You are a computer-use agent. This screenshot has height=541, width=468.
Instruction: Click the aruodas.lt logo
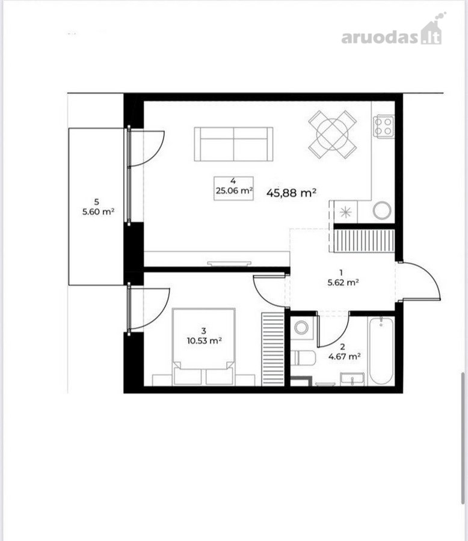coord(393,31)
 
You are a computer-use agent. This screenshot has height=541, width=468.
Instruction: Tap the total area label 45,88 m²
coord(292,192)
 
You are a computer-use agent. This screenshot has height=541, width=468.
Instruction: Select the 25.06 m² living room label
coord(233,190)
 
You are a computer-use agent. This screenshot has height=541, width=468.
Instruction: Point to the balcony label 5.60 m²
coord(99,212)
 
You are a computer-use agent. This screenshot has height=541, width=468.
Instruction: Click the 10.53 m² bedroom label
coord(204,341)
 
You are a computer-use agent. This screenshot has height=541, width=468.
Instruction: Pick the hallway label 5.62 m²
coord(343,283)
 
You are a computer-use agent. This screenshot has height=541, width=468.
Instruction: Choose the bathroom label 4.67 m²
coord(345,356)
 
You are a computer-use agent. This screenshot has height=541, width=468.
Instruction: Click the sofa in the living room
coord(233,144)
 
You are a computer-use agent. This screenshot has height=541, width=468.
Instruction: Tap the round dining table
coord(332,134)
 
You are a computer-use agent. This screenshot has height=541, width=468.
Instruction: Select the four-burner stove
coord(383,126)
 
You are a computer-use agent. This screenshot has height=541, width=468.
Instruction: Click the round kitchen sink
coord(382,210)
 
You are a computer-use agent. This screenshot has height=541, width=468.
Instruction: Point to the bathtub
coord(381,351)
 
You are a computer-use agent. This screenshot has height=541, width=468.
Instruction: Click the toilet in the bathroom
coord(303,358)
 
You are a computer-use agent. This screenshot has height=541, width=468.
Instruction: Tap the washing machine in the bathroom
coord(301,327)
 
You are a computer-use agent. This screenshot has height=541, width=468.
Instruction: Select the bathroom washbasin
coord(352,379)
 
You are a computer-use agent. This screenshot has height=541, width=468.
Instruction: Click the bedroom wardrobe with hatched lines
coord(273,349)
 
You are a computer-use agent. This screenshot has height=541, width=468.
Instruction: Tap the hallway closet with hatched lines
coord(365,241)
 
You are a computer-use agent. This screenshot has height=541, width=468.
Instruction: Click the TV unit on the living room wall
coord(229,264)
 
